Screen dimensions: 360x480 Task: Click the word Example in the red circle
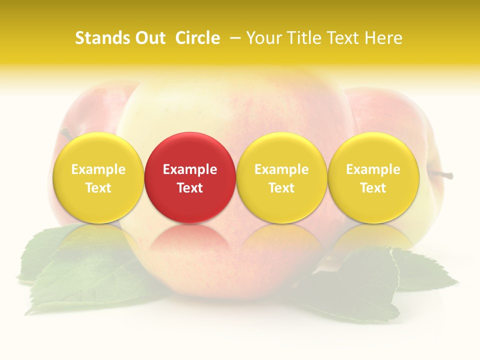click(x=190, y=169)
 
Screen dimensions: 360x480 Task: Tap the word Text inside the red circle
click(x=190, y=188)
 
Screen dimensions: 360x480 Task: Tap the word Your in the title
click(x=261, y=38)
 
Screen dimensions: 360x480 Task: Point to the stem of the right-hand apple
click(x=442, y=174)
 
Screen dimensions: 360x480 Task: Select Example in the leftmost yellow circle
click(x=98, y=169)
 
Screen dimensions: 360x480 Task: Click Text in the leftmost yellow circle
click(x=98, y=188)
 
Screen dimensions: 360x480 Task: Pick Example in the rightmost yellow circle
click(x=373, y=169)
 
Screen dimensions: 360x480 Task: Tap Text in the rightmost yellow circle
click(x=373, y=188)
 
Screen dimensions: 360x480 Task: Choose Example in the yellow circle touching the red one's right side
click(x=281, y=169)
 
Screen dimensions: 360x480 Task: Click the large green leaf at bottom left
click(x=75, y=280)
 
